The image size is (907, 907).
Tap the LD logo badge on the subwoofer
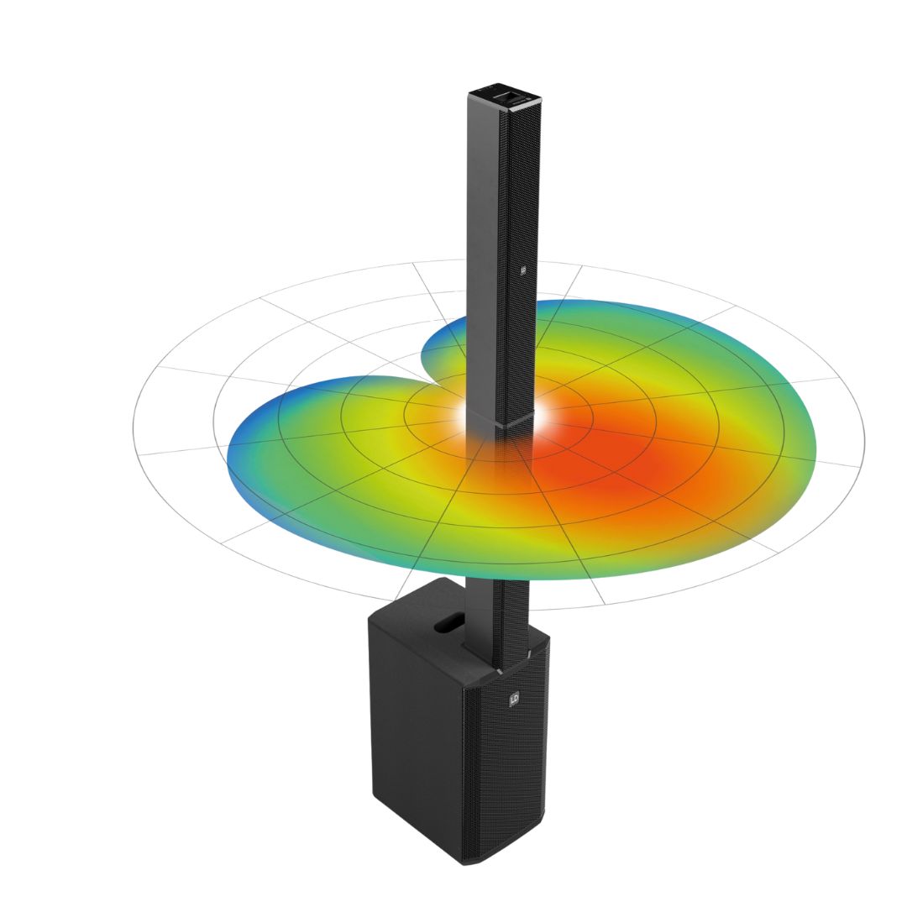[514, 699]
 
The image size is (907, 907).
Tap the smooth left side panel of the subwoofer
[412, 722]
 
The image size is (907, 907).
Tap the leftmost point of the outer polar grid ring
[134, 428]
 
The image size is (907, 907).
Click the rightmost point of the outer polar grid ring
[864, 441]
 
